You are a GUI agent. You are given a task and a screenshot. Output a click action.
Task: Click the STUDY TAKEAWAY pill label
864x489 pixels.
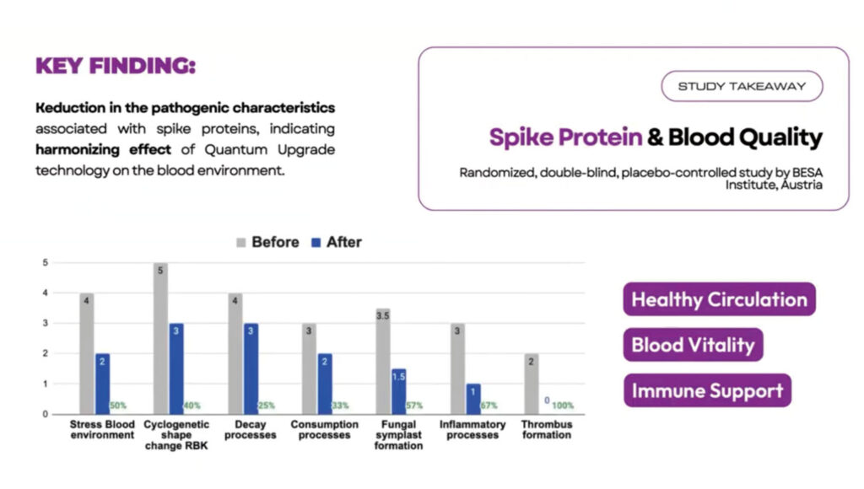[x=742, y=86]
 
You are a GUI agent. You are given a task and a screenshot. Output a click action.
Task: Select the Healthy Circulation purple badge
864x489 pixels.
[x=719, y=299]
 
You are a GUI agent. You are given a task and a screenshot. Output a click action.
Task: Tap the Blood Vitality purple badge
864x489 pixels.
[x=694, y=345]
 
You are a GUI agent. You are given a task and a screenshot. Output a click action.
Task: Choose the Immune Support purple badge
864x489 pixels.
[x=708, y=390]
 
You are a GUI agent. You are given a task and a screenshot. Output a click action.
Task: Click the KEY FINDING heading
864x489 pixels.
[x=116, y=66]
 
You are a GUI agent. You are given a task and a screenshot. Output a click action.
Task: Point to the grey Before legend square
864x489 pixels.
[x=240, y=242]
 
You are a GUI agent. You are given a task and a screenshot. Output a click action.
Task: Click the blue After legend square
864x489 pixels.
[x=316, y=242]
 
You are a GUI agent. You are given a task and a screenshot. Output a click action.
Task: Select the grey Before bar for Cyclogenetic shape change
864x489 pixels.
[x=160, y=338]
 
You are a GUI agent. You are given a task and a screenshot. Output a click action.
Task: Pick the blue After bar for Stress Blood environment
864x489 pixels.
[x=102, y=384]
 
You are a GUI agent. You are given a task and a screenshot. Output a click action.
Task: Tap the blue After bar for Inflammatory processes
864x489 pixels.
[x=473, y=399]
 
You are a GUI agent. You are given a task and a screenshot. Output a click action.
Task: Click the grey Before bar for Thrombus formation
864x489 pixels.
[x=532, y=384]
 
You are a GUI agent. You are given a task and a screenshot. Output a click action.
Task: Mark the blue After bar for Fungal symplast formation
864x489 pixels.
[x=399, y=391]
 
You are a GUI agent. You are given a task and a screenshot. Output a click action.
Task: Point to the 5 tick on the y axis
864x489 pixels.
[x=46, y=263]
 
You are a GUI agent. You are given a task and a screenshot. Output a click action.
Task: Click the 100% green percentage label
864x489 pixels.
[x=563, y=406]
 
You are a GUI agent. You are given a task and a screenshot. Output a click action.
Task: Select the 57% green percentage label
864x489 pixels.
[x=414, y=406]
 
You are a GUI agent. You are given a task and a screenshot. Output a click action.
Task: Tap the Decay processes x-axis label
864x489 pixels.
[x=250, y=429]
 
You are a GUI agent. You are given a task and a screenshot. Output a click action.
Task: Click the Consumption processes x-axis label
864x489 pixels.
[x=325, y=429]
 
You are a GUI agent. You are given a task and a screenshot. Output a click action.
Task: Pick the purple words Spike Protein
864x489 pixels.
[x=566, y=137]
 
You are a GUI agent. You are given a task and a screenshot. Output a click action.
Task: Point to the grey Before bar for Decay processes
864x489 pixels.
[x=235, y=353]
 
